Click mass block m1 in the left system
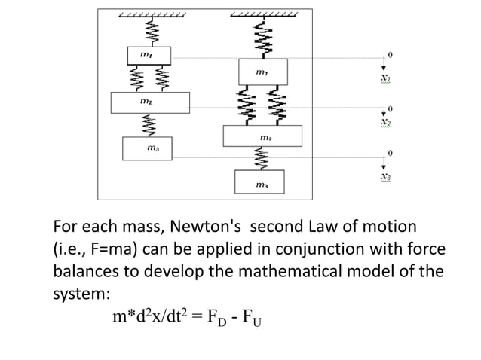click(148, 55)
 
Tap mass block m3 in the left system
click(148, 148)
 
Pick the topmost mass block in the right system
click(261, 72)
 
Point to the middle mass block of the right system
click(262, 136)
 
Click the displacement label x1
click(385, 78)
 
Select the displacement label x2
click(385, 122)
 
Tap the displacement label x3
click(385, 176)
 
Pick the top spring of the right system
click(262, 38)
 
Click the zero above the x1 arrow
click(390, 55)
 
